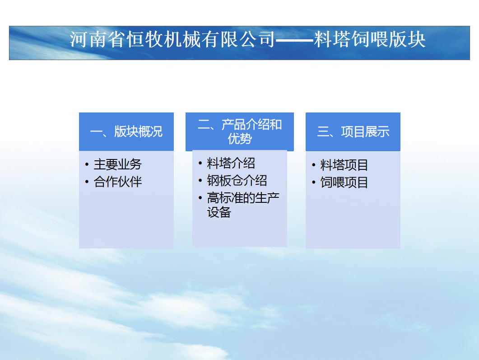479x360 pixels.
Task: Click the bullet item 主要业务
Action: [118, 164]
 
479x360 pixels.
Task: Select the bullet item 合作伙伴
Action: [118, 182]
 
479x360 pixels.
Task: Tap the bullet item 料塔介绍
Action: [231, 163]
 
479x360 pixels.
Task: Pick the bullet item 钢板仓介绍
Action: [237, 181]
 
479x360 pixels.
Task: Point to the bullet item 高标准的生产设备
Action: [243, 205]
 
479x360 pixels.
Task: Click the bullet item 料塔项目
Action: [344, 165]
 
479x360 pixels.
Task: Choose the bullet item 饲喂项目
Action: [344, 182]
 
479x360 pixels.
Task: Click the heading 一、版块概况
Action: [126, 132]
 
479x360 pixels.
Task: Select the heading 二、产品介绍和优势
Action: [240, 132]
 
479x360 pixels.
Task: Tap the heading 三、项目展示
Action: [353, 132]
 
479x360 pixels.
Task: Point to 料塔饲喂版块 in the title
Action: [370, 39]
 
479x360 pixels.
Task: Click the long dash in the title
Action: [295, 40]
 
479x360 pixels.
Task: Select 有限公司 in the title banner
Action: [238, 39]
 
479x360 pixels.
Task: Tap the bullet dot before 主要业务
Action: [87, 165]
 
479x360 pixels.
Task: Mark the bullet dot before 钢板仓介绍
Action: [200, 181]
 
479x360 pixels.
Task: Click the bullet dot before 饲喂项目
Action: [313, 183]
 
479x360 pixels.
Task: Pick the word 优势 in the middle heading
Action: [240, 139]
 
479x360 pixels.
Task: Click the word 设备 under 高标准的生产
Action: [219, 212]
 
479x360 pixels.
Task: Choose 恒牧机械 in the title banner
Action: [163, 39]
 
